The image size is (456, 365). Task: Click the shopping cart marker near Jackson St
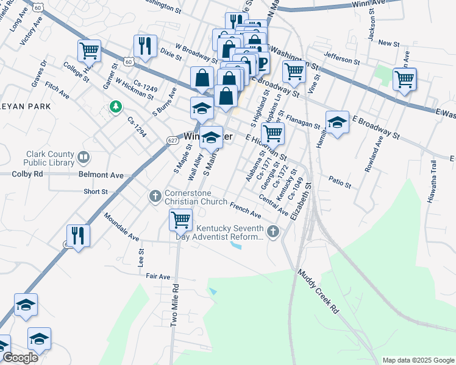point(405,79)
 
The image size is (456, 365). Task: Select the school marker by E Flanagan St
point(337,122)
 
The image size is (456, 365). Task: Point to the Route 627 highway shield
point(173,141)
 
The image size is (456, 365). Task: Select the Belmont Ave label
point(101,175)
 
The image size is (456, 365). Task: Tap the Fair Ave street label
point(158,276)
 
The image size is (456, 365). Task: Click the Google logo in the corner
point(20,358)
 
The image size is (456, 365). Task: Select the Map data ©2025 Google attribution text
point(418,360)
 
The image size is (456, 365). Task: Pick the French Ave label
point(245,210)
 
